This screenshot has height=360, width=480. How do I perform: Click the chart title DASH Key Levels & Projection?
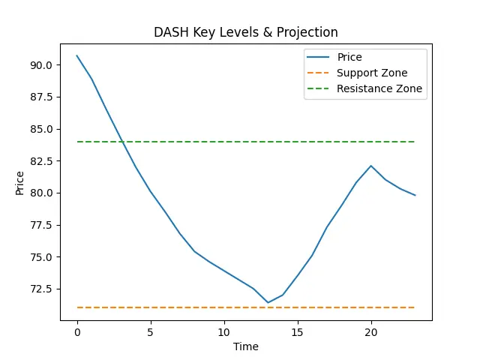click(246, 32)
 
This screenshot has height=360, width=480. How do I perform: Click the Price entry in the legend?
click(349, 57)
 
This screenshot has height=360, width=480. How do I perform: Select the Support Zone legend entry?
click(372, 73)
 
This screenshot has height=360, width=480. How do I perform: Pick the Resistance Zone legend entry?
click(379, 88)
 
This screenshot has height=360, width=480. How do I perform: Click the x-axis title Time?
click(246, 346)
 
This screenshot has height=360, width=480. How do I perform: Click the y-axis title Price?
click(19, 183)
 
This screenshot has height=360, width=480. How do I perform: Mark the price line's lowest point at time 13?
click(268, 303)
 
